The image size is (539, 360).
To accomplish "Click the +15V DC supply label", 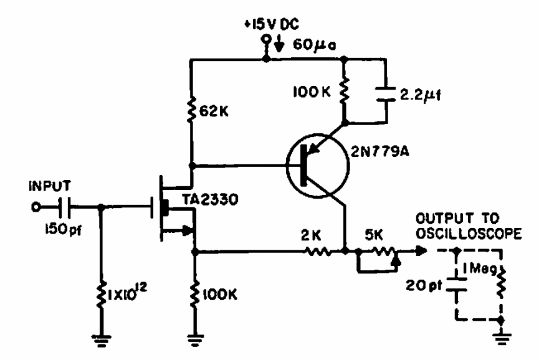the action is [272, 24].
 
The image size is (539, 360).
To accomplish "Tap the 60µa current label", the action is [314, 45].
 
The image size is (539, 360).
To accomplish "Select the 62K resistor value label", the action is [214, 111].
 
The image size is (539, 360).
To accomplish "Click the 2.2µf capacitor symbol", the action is [386, 94].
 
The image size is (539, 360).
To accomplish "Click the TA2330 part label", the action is [210, 199].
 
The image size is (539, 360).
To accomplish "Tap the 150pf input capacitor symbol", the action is [65, 207].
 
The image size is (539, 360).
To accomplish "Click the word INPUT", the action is [50, 186].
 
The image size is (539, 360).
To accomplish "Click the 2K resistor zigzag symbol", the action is [318, 252].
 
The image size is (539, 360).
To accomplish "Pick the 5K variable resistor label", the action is [374, 235].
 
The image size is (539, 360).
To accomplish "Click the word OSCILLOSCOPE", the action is [469, 234].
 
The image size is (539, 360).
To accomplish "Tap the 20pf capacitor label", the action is [424, 285].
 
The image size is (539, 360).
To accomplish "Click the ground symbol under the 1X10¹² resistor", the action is [101, 339].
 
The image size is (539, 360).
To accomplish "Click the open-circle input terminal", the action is [36, 207].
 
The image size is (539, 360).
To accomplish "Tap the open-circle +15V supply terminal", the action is [265, 39].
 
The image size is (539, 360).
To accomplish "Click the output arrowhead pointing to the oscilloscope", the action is [422, 251].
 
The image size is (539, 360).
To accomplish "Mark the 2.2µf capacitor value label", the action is [420, 95].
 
